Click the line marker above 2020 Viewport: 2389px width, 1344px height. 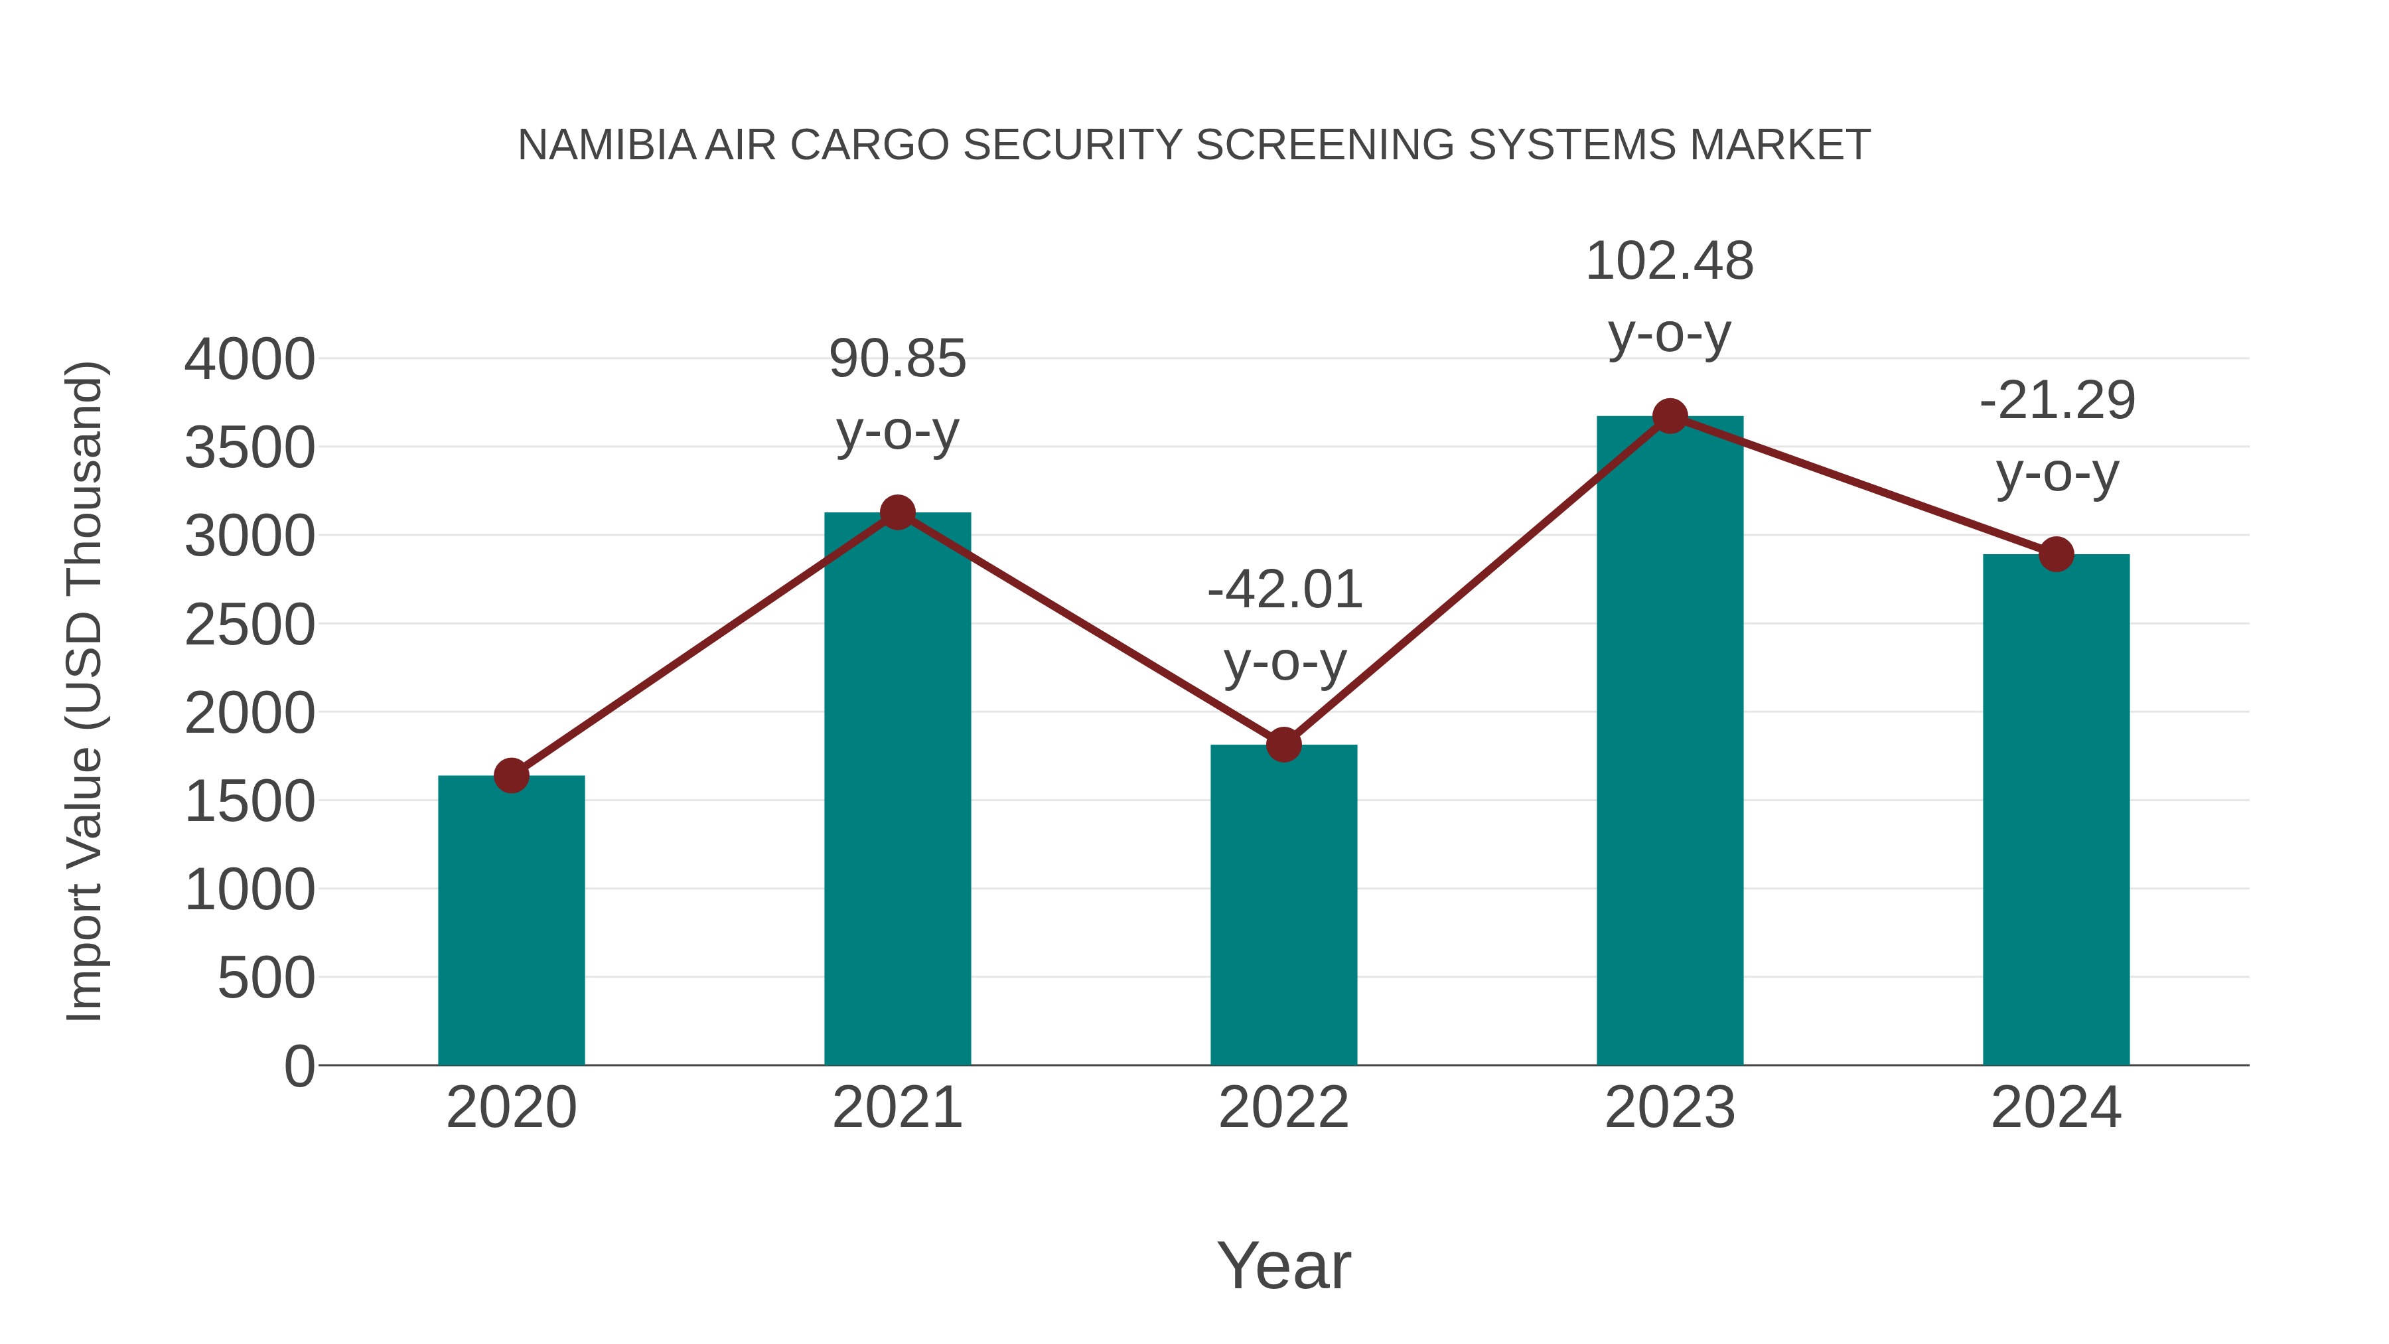511,775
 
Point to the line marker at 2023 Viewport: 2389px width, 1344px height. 1670,416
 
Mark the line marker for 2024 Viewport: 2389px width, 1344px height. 2056,555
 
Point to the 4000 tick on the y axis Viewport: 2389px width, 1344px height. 250,360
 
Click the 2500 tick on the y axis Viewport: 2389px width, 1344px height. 250,625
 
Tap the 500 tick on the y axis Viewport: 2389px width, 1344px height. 266,978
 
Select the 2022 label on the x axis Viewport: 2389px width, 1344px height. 1283,1108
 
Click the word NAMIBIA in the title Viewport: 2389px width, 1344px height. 607,145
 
